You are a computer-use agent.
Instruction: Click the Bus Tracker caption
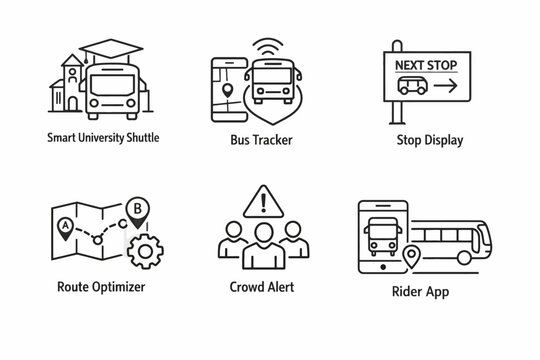tap(260, 140)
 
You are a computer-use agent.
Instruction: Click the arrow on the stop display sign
tap(445, 87)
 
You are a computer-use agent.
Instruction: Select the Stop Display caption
tap(431, 139)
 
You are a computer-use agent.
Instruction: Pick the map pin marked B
tap(136, 209)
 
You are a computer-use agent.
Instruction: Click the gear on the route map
tap(145, 247)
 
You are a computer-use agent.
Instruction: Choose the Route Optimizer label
tap(87, 287)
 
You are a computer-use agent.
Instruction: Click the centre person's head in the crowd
tap(265, 234)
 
